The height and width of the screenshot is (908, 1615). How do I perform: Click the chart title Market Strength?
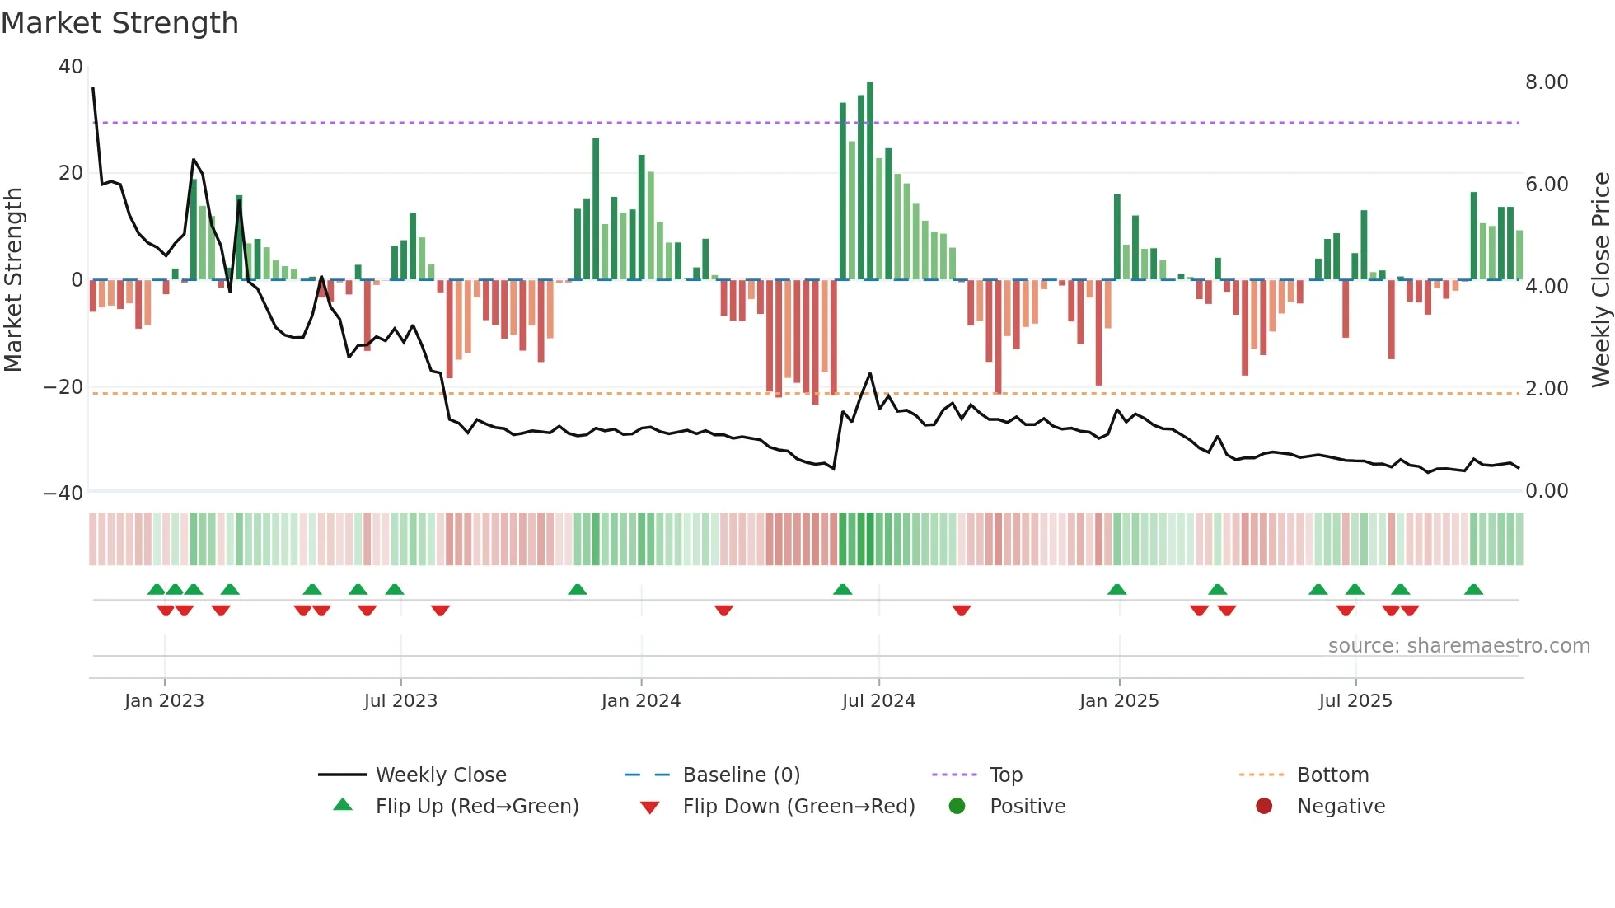tap(119, 23)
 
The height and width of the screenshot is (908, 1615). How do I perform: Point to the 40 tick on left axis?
tap(71, 66)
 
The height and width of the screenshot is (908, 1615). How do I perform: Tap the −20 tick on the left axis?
tap(63, 386)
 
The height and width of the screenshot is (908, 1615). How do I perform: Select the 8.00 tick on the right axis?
tap(1547, 82)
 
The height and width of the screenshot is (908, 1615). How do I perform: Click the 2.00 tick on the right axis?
tap(1547, 388)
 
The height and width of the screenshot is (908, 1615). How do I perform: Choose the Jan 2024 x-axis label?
tap(641, 700)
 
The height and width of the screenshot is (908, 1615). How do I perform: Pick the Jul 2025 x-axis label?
tap(1355, 700)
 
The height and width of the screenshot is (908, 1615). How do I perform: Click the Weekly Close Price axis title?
tap(1600, 279)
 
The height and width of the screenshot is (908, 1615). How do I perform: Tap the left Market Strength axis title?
tap(13, 279)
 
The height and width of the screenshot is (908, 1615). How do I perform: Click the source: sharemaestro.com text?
tap(1458, 645)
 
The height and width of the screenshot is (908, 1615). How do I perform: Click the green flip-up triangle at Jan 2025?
tap(1117, 589)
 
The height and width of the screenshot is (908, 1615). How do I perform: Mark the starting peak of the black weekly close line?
tap(93, 88)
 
